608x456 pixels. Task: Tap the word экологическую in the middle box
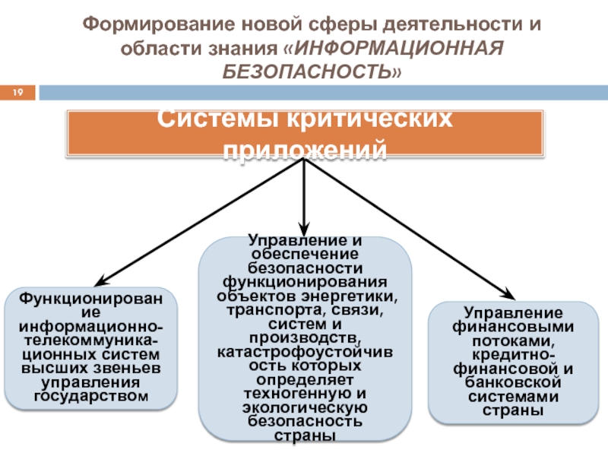click(305, 407)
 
